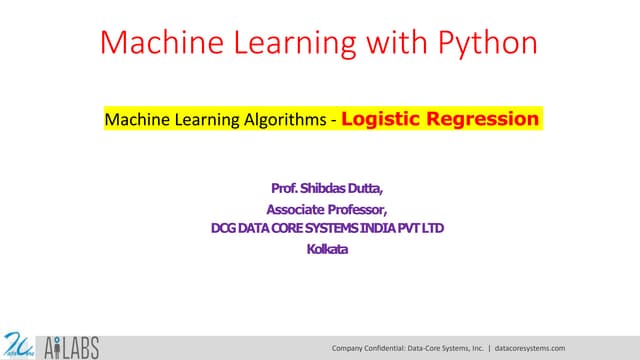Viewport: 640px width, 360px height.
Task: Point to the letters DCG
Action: [223, 229]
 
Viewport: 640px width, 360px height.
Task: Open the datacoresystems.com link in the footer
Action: [530, 348]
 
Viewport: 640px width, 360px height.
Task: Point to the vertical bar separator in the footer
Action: [488, 348]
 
